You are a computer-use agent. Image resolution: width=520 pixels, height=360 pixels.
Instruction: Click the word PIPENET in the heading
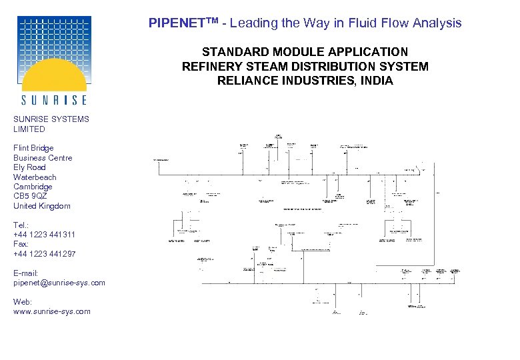(171, 23)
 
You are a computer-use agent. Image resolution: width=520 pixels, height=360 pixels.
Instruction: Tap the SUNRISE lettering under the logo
(54, 100)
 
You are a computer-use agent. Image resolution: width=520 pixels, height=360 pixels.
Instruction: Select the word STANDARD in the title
(231, 52)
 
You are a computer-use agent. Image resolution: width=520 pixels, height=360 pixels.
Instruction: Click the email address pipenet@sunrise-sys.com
(59, 283)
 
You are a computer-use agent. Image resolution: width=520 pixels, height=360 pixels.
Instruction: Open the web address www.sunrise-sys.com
(52, 311)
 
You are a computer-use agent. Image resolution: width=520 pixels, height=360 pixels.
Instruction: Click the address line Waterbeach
(35, 177)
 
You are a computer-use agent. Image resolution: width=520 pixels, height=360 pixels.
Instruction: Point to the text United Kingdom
(41, 206)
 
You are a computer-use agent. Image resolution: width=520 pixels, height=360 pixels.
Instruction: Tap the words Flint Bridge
(33, 148)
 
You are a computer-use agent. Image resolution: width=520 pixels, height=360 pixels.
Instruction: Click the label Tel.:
(21, 225)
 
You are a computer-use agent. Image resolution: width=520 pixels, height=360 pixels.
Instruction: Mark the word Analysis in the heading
(437, 23)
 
